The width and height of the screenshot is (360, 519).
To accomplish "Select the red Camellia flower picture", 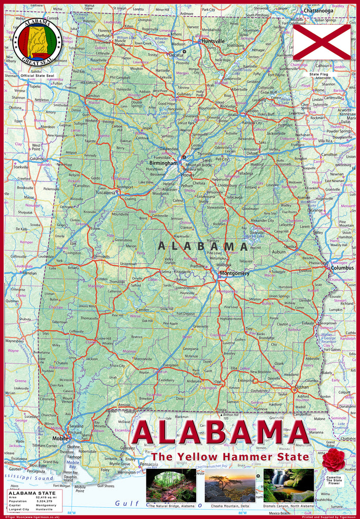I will click(334, 459).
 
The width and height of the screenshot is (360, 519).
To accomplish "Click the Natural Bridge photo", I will click(171, 486).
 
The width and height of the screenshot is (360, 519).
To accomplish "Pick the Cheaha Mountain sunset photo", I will click(230, 486).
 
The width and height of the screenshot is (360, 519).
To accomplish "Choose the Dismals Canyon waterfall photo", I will click(289, 486).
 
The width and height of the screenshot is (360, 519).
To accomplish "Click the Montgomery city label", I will click(235, 273).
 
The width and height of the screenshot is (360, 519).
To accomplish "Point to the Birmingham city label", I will click(163, 163).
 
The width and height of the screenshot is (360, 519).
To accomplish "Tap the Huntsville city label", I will click(212, 41).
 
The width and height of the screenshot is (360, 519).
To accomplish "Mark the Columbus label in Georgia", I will click(343, 268).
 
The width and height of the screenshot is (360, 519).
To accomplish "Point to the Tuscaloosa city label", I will click(105, 193).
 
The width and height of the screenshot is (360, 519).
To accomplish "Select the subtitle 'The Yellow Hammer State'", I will click(230, 457).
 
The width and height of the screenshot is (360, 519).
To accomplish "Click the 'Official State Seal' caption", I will click(37, 75).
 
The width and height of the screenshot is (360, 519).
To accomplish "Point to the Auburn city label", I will click(278, 252).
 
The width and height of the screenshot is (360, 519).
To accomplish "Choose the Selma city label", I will click(166, 272).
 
